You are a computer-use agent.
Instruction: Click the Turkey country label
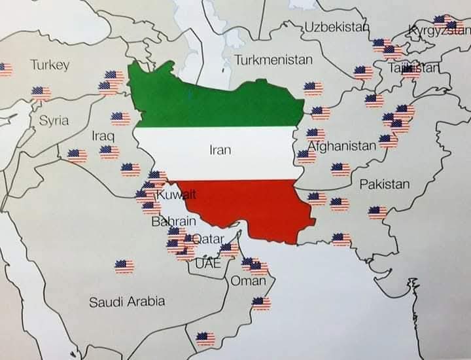point(50,65)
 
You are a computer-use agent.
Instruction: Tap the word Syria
point(54,120)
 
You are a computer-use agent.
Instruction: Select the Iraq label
point(103,136)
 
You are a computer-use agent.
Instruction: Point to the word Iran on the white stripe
point(220,149)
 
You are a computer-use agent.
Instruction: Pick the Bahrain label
point(173,222)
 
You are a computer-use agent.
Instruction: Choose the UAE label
point(208,264)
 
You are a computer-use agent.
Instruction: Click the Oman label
point(249,281)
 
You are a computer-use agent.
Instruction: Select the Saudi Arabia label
point(127,302)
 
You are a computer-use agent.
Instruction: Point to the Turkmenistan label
point(273,60)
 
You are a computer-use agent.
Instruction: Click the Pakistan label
point(385,184)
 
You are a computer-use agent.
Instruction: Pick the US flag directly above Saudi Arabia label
point(124,266)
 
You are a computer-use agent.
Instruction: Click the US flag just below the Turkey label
point(41,93)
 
